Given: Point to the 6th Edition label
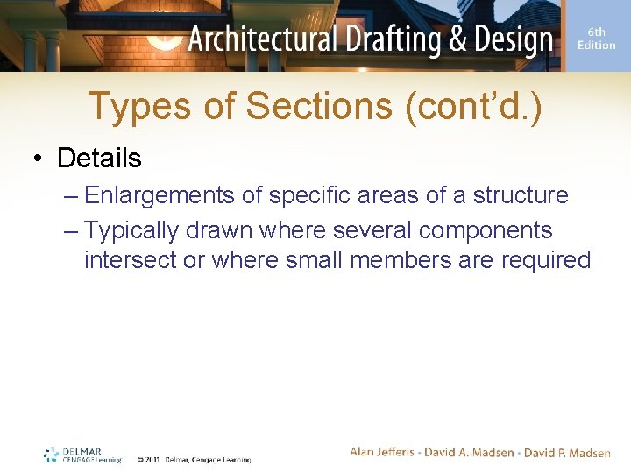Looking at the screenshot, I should [x=596, y=39].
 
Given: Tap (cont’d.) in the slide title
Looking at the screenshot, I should [x=473, y=107].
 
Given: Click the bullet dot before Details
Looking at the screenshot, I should [x=38, y=159].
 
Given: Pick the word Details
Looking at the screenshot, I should [x=99, y=158].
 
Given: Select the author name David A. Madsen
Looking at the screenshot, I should [x=468, y=452].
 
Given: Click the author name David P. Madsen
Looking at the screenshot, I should [x=567, y=452].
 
